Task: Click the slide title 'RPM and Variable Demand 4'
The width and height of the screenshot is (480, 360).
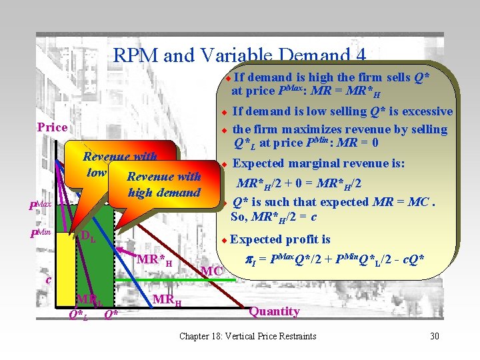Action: tap(240, 55)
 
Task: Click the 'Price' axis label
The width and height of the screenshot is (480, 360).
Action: tap(52, 127)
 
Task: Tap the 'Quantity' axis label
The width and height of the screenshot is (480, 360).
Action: tap(274, 311)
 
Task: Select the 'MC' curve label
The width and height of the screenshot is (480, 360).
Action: tap(211, 271)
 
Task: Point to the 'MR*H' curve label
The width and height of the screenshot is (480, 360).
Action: tap(154, 258)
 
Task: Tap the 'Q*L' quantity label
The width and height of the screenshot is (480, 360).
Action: tap(78, 314)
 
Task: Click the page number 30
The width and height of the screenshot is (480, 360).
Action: tap(435, 336)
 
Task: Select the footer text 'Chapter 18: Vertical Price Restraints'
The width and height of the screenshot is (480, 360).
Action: tap(248, 336)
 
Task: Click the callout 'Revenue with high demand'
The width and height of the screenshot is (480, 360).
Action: tap(163, 185)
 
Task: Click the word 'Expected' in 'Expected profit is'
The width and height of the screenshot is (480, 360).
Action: tap(256, 240)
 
